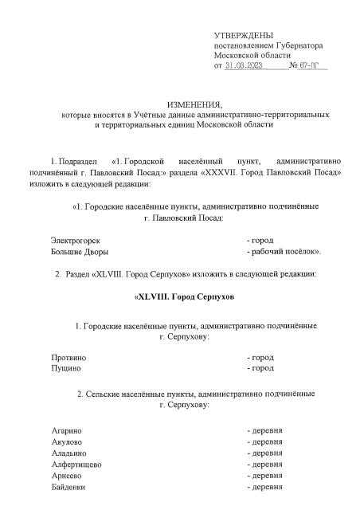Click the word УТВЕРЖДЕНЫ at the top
click(x=244, y=36)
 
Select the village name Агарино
click(x=67, y=430)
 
